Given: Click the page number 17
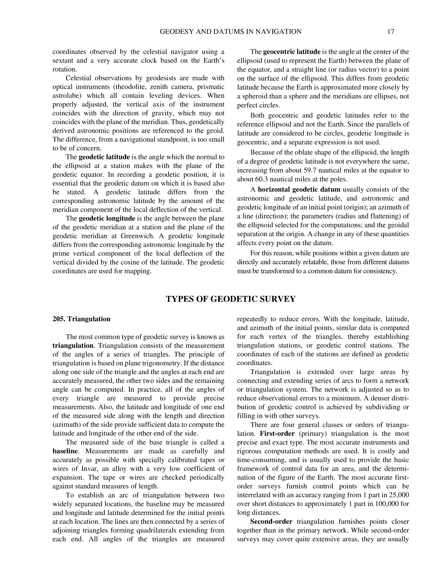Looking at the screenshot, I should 390,32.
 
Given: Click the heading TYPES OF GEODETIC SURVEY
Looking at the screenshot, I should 231,299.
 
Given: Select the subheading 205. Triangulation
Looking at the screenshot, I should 82,319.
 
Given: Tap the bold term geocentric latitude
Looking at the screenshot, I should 291,52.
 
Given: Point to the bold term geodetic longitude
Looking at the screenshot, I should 107,218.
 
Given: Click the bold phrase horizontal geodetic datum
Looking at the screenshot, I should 299,189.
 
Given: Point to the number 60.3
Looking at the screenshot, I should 262,179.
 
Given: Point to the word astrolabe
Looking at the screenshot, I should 65,96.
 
